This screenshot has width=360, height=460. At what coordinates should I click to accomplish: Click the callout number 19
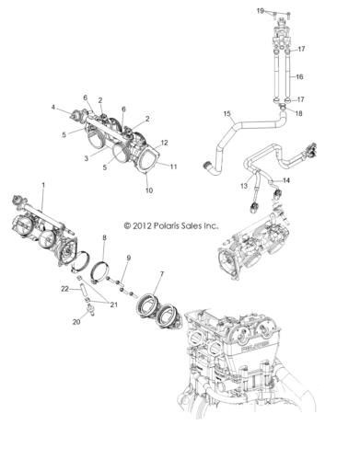point(261,11)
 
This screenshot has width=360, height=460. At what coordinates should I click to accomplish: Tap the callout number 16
point(299,76)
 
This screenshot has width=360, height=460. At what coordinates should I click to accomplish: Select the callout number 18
point(298,113)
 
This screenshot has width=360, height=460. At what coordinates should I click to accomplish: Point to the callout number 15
point(227,114)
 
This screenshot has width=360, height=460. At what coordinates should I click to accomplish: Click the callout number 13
point(244,186)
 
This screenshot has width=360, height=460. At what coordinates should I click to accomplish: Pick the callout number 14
point(286,180)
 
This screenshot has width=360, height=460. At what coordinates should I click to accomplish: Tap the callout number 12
point(165,143)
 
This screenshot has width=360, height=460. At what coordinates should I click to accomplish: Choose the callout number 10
point(149,190)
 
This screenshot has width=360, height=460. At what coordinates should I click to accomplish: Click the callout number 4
point(53,108)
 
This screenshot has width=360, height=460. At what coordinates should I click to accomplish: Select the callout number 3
point(87,158)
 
